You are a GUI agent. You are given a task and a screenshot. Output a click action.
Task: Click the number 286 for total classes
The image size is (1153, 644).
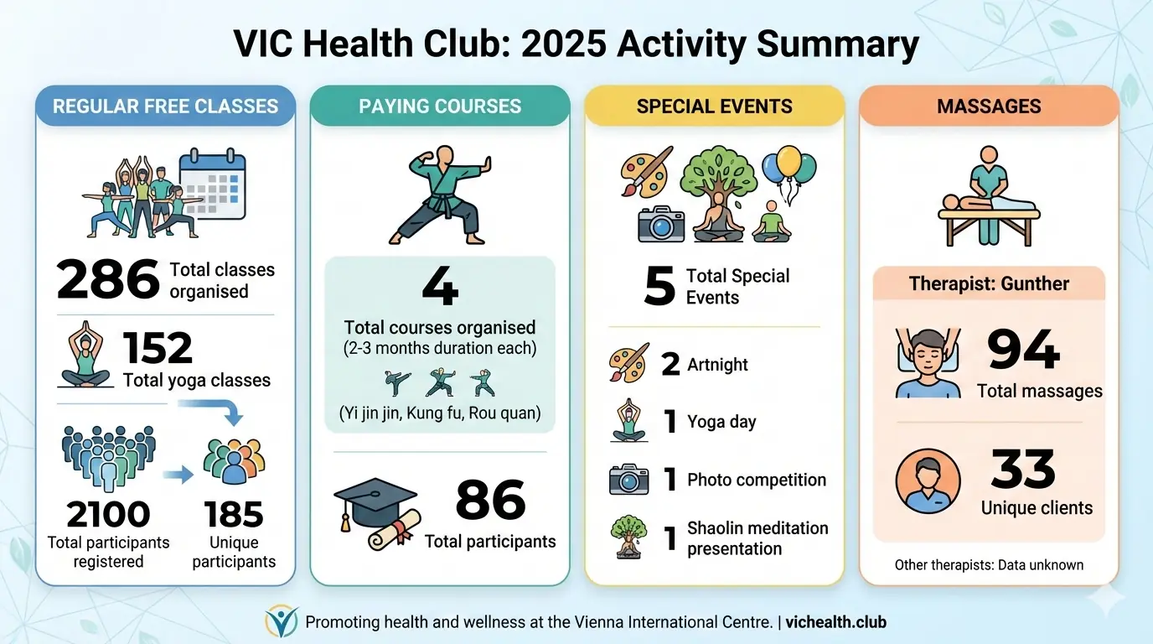click(x=107, y=280)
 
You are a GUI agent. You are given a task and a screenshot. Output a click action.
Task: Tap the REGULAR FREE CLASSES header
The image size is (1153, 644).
click(x=165, y=106)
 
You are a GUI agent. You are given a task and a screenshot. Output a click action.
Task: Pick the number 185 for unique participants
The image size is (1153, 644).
click(x=234, y=514)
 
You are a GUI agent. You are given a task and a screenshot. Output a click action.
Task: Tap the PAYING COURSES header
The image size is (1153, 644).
click(x=440, y=106)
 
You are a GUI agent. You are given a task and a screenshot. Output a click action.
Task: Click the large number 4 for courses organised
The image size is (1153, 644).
click(x=440, y=288)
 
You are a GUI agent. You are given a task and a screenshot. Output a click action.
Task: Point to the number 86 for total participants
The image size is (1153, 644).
click(x=490, y=501)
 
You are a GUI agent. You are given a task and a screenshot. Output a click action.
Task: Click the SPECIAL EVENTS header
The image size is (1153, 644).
click(x=714, y=106)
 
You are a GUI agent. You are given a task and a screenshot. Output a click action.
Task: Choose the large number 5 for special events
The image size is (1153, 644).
click(x=659, y=287)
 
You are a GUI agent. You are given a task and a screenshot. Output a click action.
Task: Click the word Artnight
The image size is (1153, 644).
click(x=717, y=365)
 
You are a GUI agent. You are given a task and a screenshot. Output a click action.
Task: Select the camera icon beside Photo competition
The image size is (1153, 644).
click(x=628, y=480)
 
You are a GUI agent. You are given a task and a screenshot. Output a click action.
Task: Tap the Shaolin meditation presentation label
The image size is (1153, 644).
click(x=757, y=538)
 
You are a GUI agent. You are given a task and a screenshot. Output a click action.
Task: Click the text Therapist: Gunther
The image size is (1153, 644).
click(x=989, y=283)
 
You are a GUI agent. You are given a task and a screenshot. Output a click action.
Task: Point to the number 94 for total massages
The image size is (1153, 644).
click(x=1023, y=350)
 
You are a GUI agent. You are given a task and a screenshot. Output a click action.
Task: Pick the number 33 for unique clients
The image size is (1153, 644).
click(x=1023, y=469)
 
